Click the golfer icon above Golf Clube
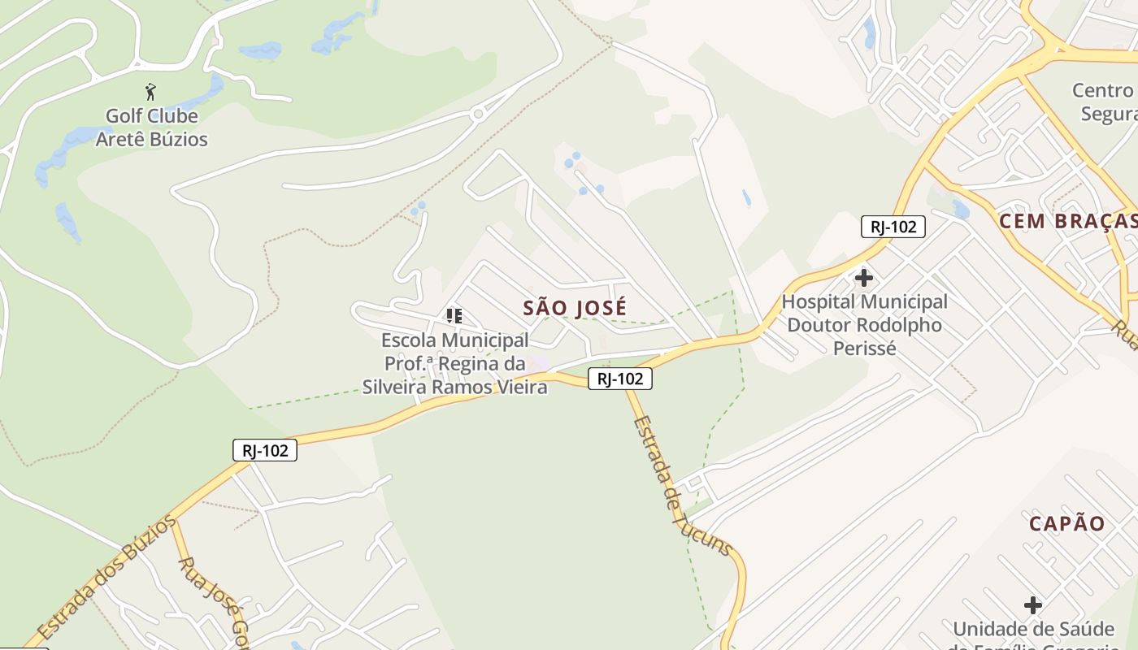[150, 91]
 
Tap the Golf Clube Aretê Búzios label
[151, 128]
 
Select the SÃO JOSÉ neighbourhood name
[575, 308]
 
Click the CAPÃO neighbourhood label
[1067, 523]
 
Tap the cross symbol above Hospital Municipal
[863, 278]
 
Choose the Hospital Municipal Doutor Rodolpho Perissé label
[864, 325]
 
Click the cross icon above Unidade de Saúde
[1032, 605]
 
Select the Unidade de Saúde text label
[1033, 630]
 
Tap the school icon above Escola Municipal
[454, 315]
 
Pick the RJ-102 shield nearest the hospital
[893, 227]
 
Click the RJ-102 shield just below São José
[620, 379]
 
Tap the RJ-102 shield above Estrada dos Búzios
[265, 450]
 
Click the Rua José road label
[211, 596]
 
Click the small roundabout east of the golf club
[478, 115]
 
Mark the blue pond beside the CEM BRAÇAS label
[962, 210]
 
